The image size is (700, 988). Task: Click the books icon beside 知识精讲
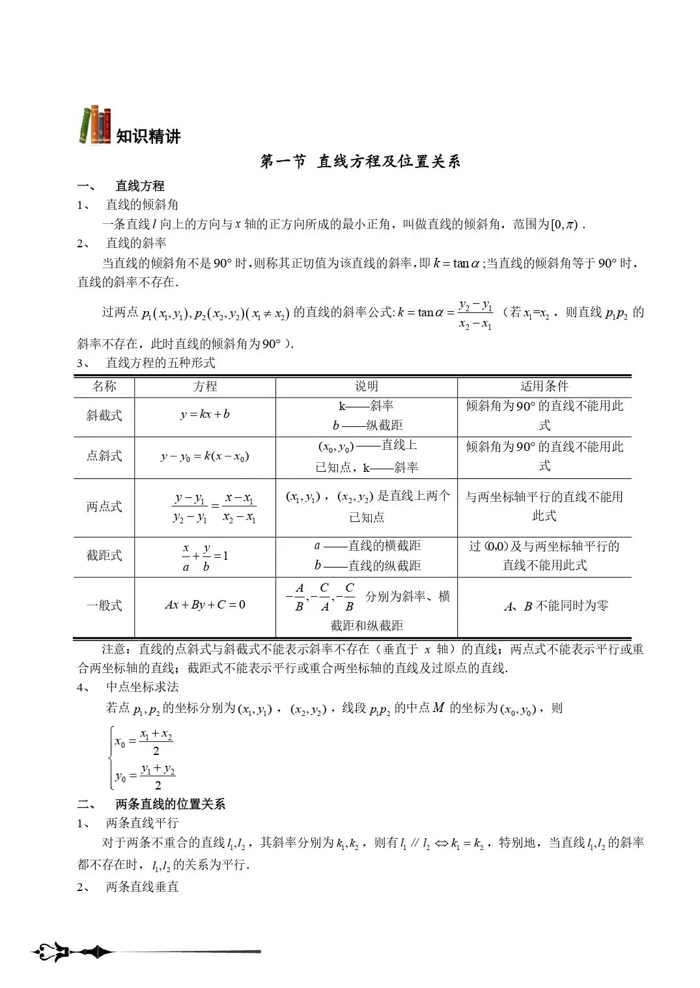95,124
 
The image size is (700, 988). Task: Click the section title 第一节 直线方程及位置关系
360,161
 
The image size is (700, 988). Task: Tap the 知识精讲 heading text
148,137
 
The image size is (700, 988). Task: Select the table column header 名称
104,386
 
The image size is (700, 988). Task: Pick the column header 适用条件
544,386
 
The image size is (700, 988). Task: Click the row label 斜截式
104,415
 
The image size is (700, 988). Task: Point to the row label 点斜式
104,456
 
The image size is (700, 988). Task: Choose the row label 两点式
104,506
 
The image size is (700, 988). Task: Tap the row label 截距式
104,555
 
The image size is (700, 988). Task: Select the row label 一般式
104,605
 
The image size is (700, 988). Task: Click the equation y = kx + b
205,414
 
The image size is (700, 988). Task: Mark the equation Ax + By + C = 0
205,605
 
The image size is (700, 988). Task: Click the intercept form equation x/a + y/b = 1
205,556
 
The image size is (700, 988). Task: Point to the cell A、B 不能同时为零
556,606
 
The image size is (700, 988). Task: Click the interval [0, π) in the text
564,225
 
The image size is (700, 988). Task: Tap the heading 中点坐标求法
142,687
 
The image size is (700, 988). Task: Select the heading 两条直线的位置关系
170,804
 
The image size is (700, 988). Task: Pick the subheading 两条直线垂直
142,886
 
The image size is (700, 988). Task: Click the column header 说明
367,386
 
